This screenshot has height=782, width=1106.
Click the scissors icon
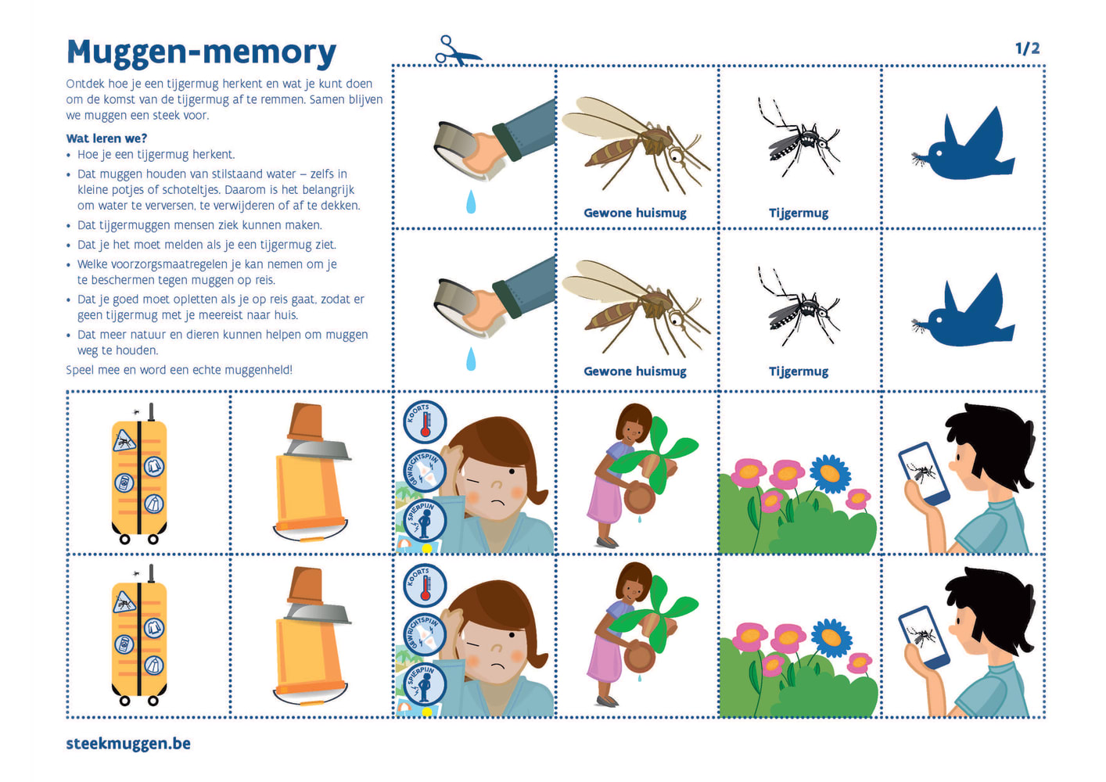(x=458, y=50)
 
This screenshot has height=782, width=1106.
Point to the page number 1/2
(x=1028, y=48)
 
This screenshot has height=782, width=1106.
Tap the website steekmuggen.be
(x=128, y=744)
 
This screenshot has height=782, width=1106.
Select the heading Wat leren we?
(x=106, y=138)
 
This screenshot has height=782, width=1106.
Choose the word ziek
(x=243, y=225)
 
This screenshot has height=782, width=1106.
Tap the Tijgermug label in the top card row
(x=799, y=213)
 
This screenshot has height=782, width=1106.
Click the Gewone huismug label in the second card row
(x=635, y=371)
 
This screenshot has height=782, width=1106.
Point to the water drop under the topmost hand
(x=471, y=202)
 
